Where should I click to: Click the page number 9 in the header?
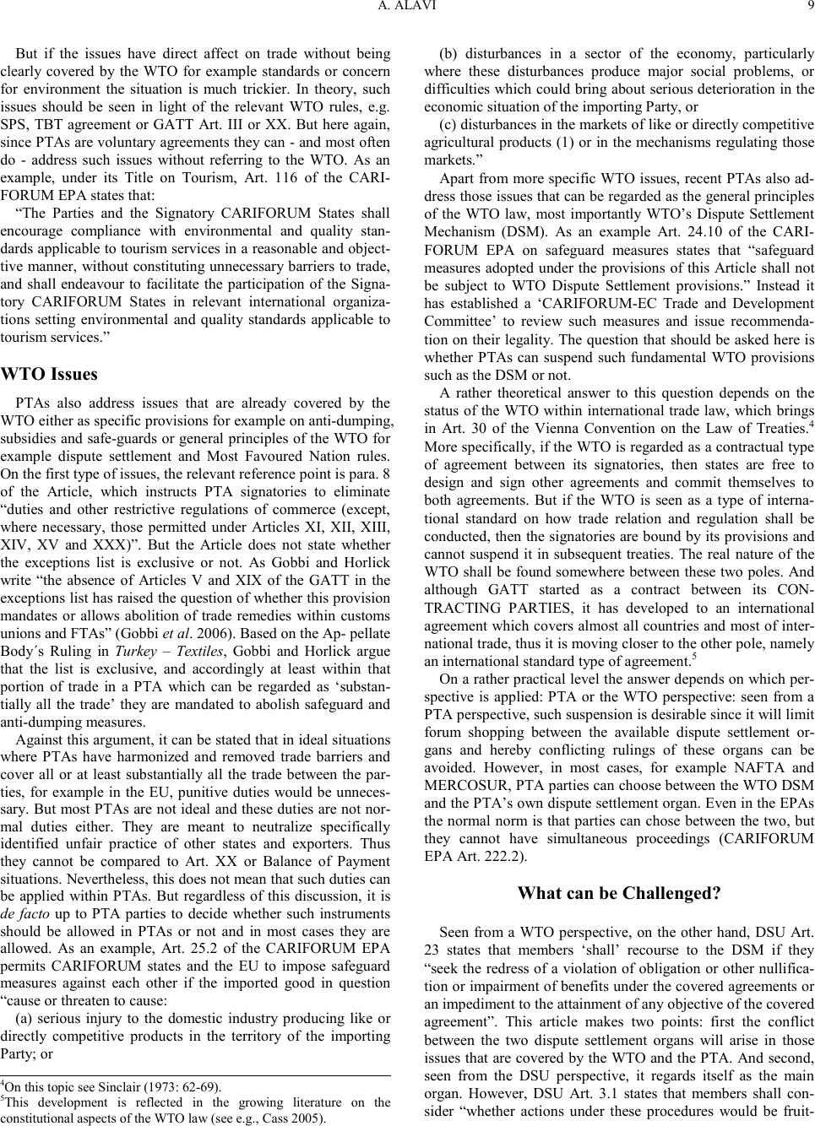tap(809, 10)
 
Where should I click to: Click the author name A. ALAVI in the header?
tap(406, 10)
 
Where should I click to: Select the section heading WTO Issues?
tap(50, 374)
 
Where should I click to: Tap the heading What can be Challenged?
tap(618, 892)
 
